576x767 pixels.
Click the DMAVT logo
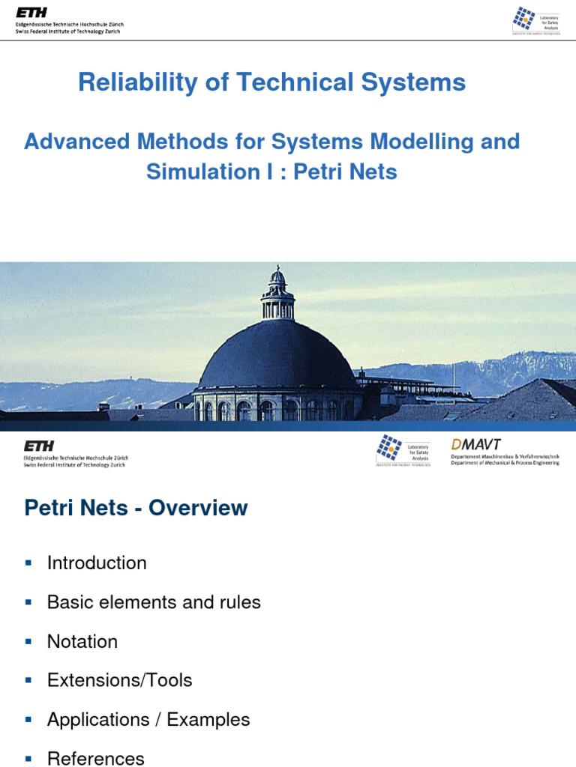coord(475,444)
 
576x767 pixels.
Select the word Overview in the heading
coord(198,508)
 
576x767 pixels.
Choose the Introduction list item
coord(97,563)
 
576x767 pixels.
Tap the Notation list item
coord(82,642)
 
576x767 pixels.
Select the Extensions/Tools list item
coord(119,681)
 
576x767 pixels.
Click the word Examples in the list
coord(208,720)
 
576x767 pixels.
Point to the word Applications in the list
coord(97,720)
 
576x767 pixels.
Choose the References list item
coord(95,758)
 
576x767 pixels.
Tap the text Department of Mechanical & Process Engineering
coord(505,463)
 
